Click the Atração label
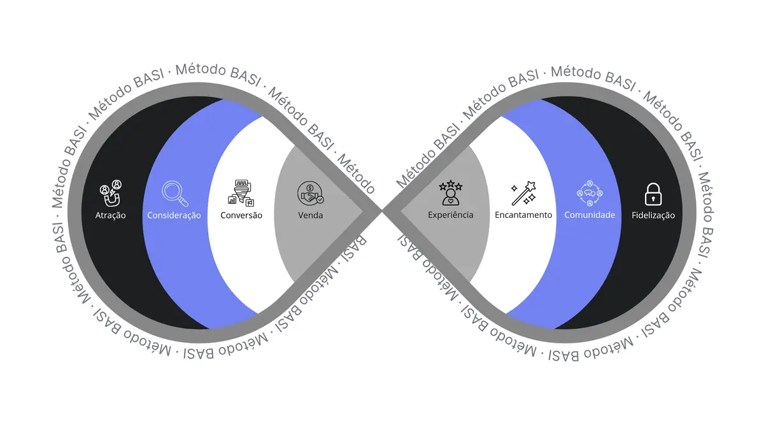(x=110, y=215)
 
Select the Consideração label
(x=174, y=215)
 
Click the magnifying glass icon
(x=174, y=194)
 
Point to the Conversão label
(x=241, y=215)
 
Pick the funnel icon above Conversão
(x=241, y=192)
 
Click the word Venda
(x=311, y=215)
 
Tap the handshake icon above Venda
(x=311, y=192)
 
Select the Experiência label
(x=451, y=215)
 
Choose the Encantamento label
(x=523, y=215)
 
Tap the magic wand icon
(x=523, y=193)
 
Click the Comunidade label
(x=590, y=215)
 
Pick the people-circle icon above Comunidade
(x=590, y=193)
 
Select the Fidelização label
(x=653, y=215)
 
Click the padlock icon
(x=653, y=193)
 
